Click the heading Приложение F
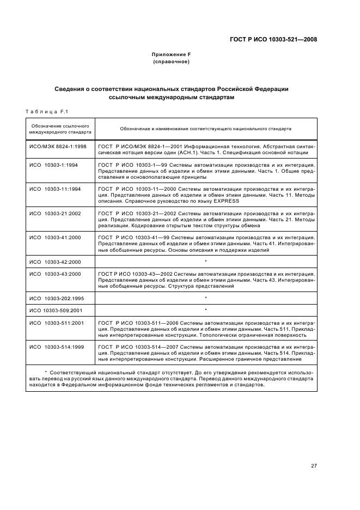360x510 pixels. coord(171,54)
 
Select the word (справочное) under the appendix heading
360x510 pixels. coord(171,62)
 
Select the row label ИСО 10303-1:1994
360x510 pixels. coord(53,164)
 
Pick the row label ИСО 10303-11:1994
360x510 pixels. coord(54,189)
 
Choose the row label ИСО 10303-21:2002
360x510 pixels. coord(54,213)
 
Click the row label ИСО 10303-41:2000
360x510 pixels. coord(54,238)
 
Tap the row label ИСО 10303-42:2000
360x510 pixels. coord(54,262)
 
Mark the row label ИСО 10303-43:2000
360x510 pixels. coord(54,274)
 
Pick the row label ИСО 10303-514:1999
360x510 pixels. coord(56,347)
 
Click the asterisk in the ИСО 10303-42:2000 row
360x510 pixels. coord(206,262)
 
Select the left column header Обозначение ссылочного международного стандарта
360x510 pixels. coord(60,129)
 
